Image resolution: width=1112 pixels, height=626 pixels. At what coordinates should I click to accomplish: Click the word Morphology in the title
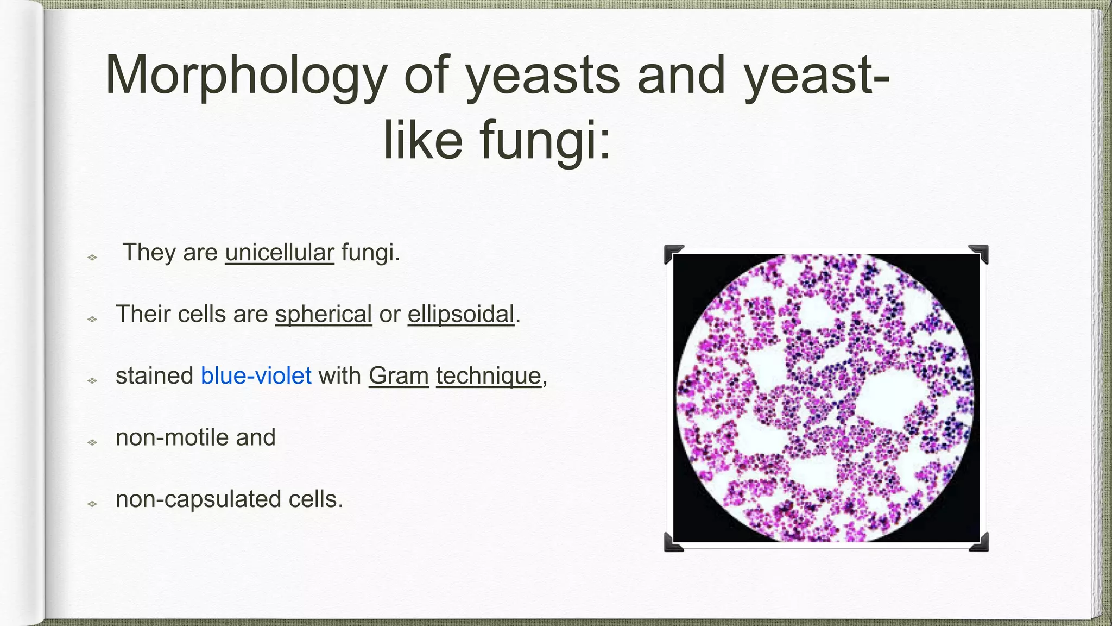tap(245, 76)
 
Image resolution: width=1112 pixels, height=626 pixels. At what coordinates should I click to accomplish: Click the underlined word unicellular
tap(280, 253)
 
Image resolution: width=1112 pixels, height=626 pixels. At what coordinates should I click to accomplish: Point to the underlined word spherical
tap(324, 315)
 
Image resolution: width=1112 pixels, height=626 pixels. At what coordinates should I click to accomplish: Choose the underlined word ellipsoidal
tap(460, 315)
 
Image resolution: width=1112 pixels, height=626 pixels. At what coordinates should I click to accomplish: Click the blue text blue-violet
tap(256, 376)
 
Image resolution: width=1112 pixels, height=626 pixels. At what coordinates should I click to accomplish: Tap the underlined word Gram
tap(399, 376)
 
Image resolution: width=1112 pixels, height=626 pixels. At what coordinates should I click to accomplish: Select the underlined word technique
tap(489, 376)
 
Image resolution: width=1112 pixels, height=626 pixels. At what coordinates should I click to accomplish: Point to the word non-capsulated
tap(198, 499)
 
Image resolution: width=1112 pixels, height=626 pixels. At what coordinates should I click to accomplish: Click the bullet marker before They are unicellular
tap(92, 257)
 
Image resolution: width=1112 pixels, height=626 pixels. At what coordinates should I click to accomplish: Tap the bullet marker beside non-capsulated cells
tap(92, 504)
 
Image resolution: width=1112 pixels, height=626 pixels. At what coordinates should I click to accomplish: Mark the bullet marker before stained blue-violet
tap(92, 380)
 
